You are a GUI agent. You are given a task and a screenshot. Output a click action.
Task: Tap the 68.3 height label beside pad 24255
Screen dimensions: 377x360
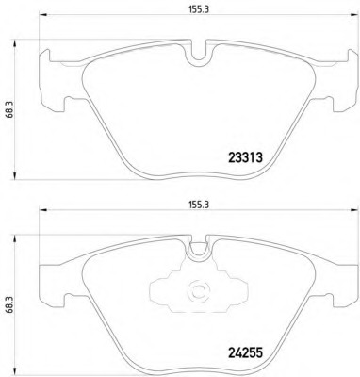click(x=9, y=306)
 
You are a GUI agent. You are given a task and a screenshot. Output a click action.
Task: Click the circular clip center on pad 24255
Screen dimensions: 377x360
click(x=198, y=291)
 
